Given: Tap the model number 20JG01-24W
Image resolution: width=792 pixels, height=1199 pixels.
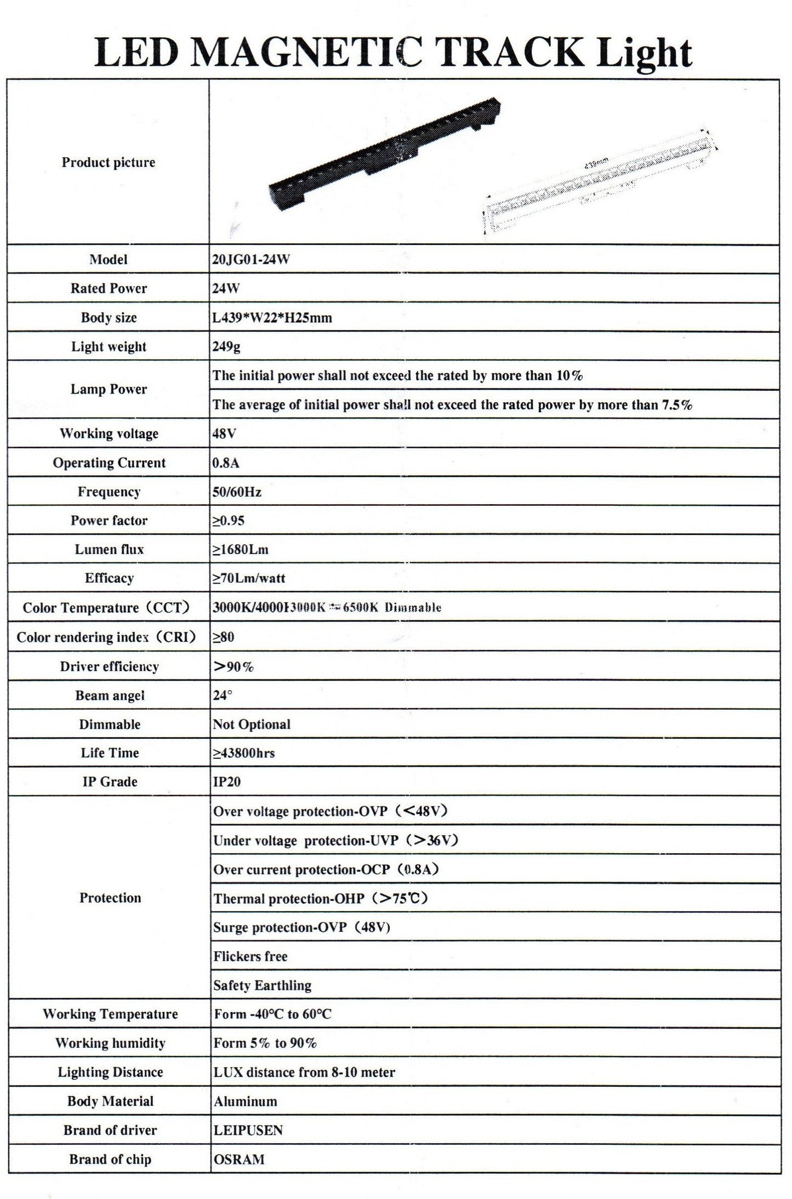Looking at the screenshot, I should coord(251,260).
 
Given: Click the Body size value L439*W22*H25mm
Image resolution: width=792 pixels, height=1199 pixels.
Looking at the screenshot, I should coord(272,318).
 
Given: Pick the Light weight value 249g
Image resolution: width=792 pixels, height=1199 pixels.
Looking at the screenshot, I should coord(226,347).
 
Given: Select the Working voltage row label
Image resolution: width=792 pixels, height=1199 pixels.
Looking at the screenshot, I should coord(109,433).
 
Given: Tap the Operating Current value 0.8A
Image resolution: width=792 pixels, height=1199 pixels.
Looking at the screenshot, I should coord(226,463).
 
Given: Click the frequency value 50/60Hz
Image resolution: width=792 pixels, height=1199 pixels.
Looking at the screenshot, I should coord(237,492).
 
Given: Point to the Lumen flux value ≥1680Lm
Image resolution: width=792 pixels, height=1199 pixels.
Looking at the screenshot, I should coord(241,550).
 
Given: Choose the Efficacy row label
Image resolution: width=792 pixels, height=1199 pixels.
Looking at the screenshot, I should coord(109,578).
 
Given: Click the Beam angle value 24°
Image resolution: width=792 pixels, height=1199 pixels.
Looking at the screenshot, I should coord(223,695).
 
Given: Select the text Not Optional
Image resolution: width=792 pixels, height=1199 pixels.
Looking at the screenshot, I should coord(252,724).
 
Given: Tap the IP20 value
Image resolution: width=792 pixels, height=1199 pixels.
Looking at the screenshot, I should coord(227,782).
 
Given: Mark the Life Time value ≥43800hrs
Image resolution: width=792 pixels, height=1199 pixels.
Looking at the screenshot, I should coord(244,753).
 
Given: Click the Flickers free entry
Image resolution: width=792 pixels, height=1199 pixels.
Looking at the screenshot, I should coord(250,957).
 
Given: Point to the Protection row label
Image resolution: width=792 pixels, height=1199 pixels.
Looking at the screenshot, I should coord(110,898).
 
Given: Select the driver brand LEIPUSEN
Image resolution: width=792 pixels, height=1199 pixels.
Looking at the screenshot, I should coord(248,1131).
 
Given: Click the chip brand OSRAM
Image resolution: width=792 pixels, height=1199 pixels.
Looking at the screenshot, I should coord(240,1160).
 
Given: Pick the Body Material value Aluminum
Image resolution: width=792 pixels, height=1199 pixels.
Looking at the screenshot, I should coord(246,1101).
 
